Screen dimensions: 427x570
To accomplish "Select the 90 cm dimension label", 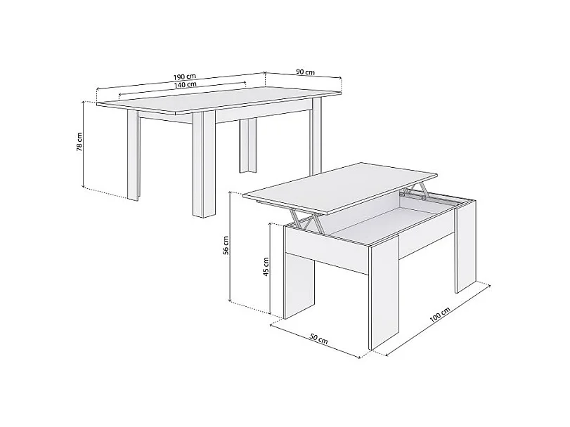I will [x=305, y=72].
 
